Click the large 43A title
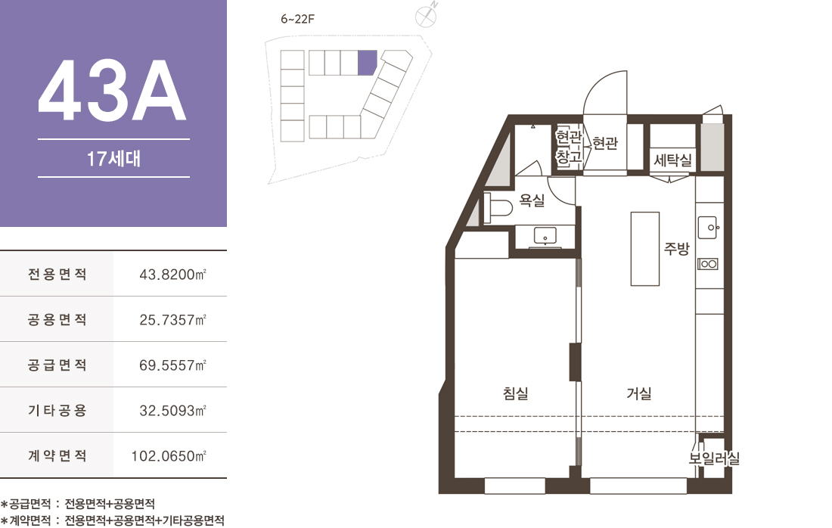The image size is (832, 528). coord(112,90)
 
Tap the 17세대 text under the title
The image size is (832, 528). coord(113,159)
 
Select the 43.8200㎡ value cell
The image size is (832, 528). coord(172,275)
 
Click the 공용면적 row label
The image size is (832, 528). coord(57,319)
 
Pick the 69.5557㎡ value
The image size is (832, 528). coord(172,365)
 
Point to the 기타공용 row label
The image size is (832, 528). coord(57,410)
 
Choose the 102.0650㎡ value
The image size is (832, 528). coord(169,456)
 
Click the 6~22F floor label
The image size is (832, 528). coord(298,19)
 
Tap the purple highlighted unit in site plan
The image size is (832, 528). coord(367,62)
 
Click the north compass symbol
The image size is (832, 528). coord(426,16)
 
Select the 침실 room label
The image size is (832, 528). coord(516,393)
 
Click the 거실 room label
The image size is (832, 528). coord(639,393)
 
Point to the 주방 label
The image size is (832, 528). coord(676,248)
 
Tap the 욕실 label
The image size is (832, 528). coord(532,200)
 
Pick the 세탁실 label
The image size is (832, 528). coord(673,159)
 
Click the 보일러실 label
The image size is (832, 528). coord(714,458)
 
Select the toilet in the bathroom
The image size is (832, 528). coord(498,207)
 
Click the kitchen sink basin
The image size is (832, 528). coord(707,228)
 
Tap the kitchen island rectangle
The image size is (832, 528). coord(644,249)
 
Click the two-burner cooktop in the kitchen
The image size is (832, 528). coord(708,264)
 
